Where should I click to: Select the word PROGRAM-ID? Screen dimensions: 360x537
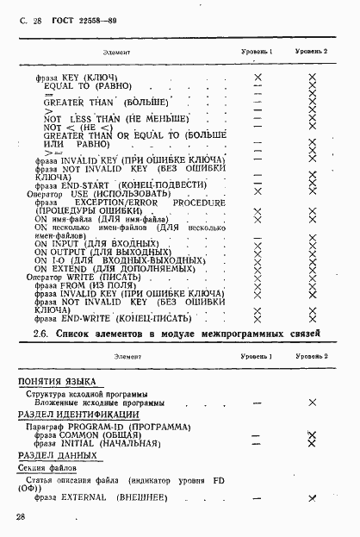tap(103, 427)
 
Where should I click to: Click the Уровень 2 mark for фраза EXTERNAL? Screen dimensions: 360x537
tap(312, 498)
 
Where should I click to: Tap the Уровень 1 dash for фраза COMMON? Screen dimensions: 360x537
tap(256, 436)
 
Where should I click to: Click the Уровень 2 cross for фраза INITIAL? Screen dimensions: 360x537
tap(312, 445)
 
